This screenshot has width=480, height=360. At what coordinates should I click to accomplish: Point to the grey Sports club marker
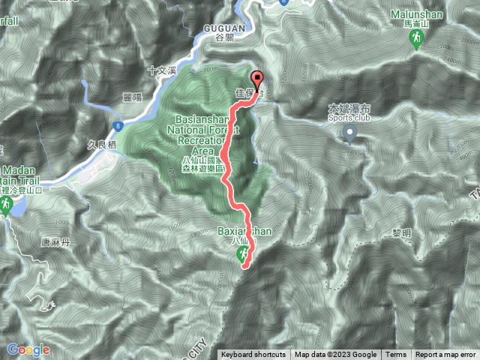click(x=349, y=133)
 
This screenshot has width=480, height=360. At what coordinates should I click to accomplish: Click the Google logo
click(x=28, y=349)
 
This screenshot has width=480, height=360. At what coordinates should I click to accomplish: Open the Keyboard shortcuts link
click(x=253, y=355)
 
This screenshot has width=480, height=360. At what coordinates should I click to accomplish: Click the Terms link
click(x=396, y=355)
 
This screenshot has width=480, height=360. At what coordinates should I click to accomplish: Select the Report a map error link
click(x=445, y=355)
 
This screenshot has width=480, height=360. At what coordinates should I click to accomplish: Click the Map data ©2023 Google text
click(x=335, y=355)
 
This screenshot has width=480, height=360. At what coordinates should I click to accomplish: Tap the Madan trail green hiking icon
click(x=4, y=204)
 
